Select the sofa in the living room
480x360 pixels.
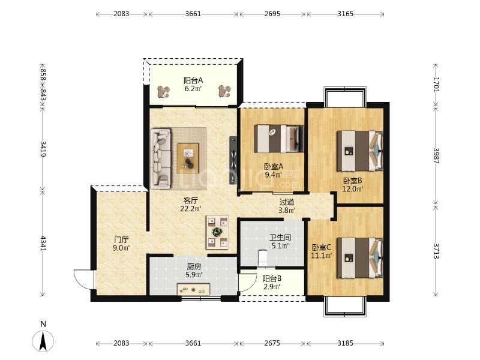[161, 158]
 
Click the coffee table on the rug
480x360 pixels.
[188, 158]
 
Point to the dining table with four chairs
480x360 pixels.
[218, 232]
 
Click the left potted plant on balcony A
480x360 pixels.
[163, 91]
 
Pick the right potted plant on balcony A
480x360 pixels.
[224, 91]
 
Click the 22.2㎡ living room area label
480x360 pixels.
[190, 209]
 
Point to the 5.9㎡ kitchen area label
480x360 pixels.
[194, 275]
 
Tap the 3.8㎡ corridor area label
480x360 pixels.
[287, 211]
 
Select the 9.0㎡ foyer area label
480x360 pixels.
[121, 248]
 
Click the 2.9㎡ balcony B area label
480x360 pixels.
[272, 287]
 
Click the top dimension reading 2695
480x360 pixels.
[272, 14]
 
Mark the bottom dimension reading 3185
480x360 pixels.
[346, 343]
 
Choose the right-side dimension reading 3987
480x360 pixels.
[436, 156]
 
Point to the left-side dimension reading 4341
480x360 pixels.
[43, 244]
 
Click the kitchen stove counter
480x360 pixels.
[193, 290]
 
